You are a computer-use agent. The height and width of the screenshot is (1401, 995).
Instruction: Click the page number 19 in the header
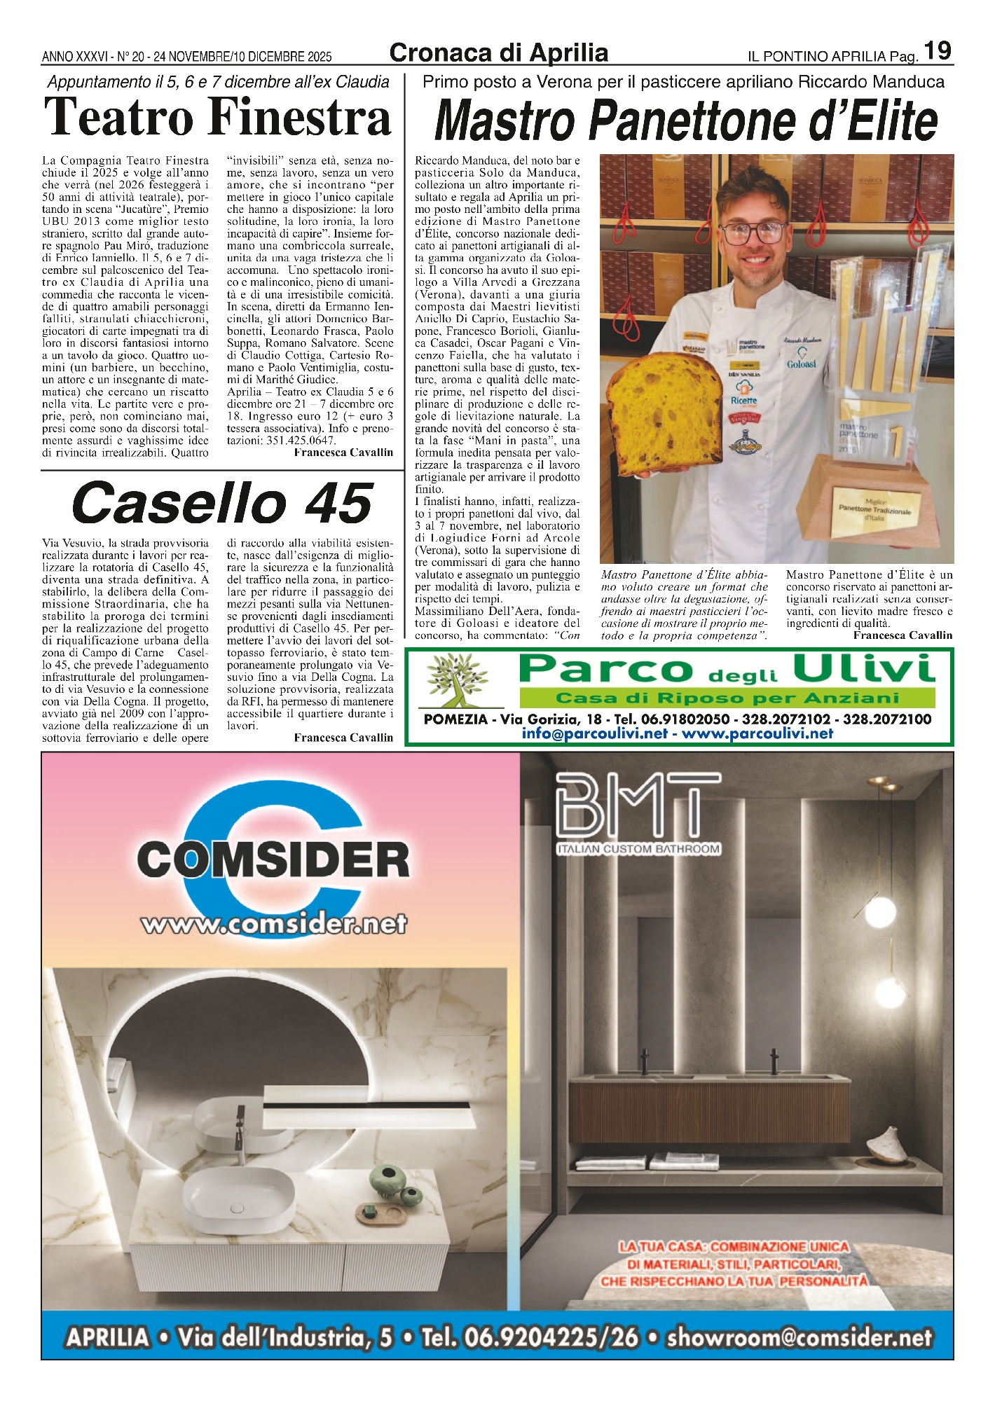click(x=937, y=51)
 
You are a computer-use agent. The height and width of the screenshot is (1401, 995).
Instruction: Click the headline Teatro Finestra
click(x=217, y=117)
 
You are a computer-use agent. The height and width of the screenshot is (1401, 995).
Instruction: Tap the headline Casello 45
click(x=221, y=503)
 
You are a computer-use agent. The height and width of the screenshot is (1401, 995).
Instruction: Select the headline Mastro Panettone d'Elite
click(x=685, y=120)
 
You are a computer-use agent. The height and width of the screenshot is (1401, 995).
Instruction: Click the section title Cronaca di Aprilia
click(x=498, y=53)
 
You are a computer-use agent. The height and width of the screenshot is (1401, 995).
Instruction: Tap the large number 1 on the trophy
click(x=895, y=441)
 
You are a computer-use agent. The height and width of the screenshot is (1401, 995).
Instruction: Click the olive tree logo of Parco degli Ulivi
click(x=459, y=679)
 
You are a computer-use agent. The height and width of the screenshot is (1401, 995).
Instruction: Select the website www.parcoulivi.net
click(x=757, y=733)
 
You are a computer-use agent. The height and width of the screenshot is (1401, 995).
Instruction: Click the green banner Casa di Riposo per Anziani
click(x=727, y=698)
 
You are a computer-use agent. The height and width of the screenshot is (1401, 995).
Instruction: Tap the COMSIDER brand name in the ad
click(x=273, y=860)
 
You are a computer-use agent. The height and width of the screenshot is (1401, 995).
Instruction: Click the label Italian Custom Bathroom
click(x=638, y=849)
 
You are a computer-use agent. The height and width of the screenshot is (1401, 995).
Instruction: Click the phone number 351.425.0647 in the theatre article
click(x=301, y=441)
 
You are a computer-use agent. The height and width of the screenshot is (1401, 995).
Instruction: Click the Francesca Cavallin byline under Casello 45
click(x=343, y=738)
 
